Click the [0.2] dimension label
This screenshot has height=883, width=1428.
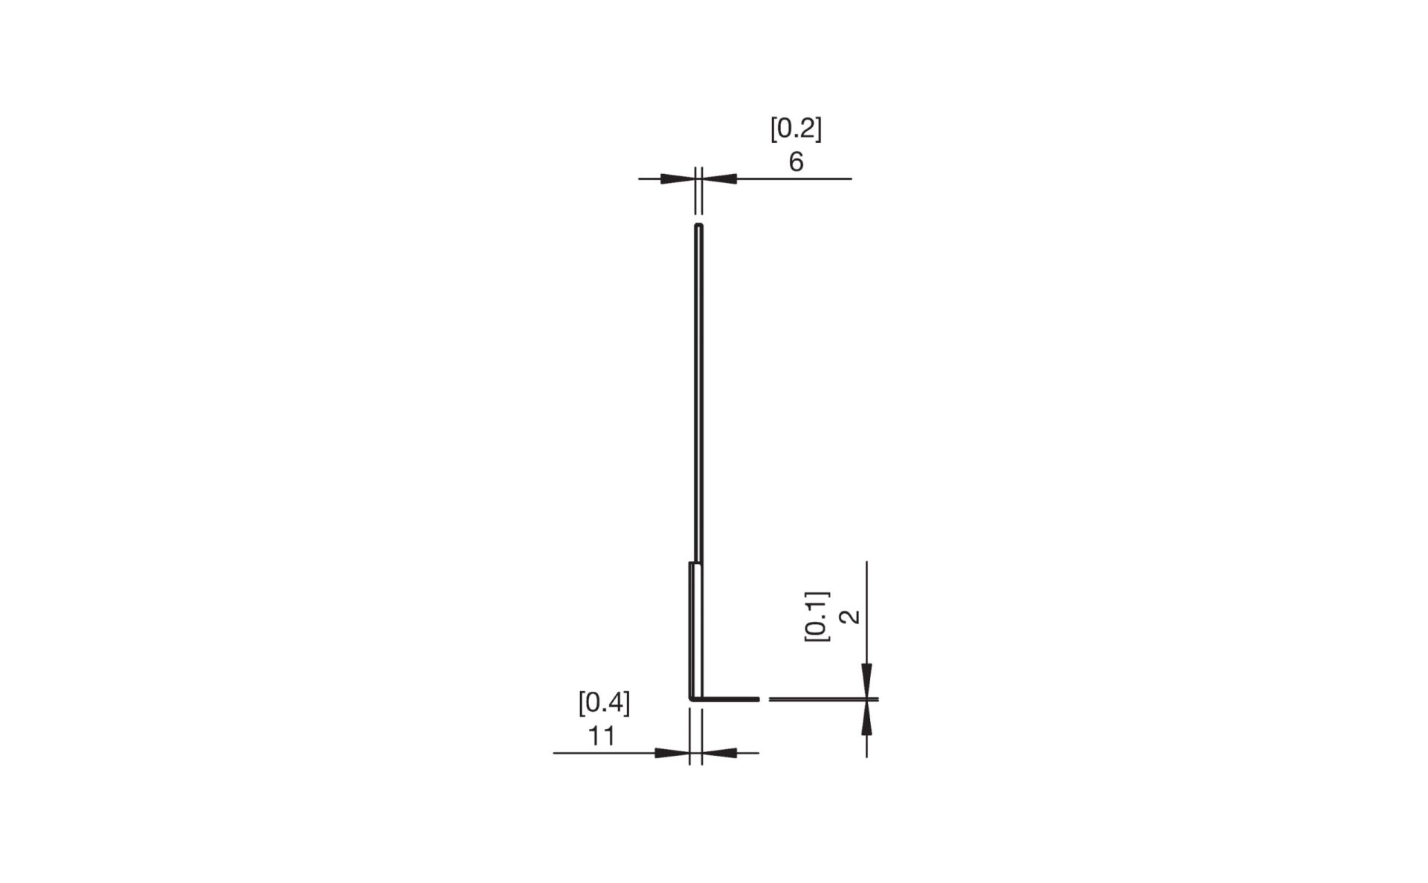point(796,129)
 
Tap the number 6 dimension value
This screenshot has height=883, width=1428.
point(796,162)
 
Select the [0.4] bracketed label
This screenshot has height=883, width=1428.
point(604,703)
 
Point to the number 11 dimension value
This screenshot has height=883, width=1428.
point(602,736)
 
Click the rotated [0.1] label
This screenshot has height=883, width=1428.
point(817,617)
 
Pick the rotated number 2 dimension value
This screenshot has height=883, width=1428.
point(849,617)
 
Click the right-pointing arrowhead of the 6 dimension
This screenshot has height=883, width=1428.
point(677,179)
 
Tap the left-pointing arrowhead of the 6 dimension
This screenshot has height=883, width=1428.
point(720,179)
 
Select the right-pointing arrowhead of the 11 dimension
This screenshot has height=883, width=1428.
point(672,753)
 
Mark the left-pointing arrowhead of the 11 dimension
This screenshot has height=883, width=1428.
point(720,753)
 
